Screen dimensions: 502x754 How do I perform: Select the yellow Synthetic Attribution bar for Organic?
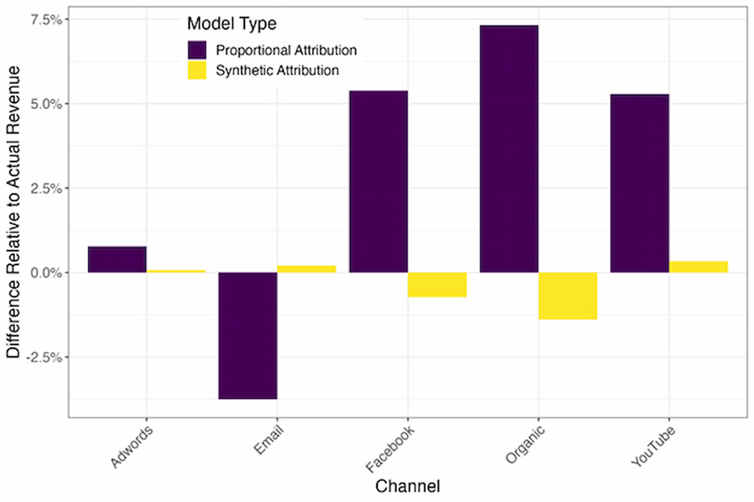click(x=567, y=295)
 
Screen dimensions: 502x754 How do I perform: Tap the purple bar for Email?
click(x=248, y=336)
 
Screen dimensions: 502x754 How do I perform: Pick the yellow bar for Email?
click(x=307, y=269)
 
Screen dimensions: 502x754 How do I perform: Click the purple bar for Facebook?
click(x=378, y=182)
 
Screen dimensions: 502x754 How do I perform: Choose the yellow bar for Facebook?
click(x=437, y=284)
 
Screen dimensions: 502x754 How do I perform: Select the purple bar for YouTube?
click(x=639, y=183)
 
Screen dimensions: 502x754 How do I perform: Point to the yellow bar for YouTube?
click(x=698, y=267)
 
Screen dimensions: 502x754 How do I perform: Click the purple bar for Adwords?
click(x=117, y=259)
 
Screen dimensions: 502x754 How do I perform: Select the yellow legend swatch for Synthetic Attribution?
click(x=197, y=70)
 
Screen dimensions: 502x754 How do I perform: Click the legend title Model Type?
click(x=232, y=25)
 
